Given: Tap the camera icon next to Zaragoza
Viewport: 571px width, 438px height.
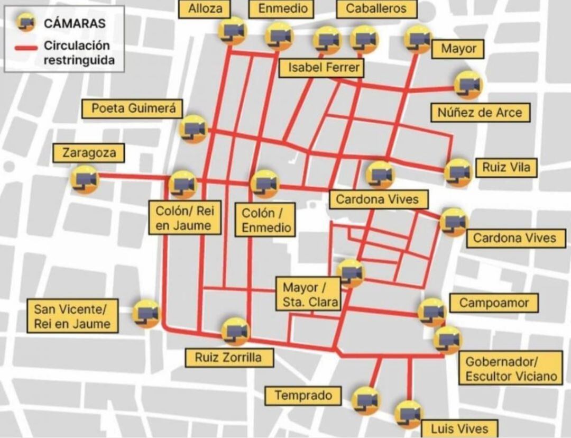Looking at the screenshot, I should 85,180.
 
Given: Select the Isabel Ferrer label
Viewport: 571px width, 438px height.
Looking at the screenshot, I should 320,68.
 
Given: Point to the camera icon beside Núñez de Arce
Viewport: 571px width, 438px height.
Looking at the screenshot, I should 468,85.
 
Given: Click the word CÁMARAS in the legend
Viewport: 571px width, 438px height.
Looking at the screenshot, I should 75,23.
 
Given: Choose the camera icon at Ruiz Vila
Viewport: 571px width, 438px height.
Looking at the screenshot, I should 458,172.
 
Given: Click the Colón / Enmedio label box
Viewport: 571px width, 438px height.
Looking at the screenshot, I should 266,221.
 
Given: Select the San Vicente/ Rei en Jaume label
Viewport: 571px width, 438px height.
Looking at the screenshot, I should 72,316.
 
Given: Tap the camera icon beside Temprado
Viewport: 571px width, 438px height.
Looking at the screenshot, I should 366,400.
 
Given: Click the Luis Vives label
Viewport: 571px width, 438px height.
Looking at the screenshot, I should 459,428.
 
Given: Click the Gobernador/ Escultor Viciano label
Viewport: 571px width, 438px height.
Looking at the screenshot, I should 511,369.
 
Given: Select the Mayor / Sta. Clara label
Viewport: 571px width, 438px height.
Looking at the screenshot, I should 308,295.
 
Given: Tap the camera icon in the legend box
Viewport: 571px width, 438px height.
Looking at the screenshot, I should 25,23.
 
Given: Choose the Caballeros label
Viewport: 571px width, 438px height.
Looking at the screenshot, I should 376,8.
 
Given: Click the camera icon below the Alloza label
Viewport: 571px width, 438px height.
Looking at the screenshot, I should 233,31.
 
